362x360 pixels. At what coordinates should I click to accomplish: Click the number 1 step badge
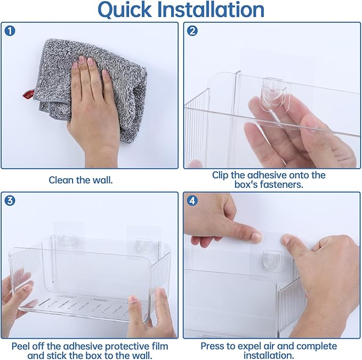(x=10, y=31)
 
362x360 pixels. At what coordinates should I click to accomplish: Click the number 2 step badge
(x=192, y=31)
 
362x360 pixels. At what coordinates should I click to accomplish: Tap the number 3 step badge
(x=10, y=201)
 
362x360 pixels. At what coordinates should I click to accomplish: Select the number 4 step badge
(x=192, y=201)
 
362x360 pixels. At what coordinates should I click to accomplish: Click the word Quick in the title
(x=125, y=10)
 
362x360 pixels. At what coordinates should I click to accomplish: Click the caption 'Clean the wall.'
(x=81, y=180)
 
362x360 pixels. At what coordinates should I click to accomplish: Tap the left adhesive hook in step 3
(x=67, y=241)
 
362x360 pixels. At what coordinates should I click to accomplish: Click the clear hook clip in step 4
(x=273, y=260)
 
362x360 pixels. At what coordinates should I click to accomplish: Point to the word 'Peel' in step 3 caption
(x=21, y=346)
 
